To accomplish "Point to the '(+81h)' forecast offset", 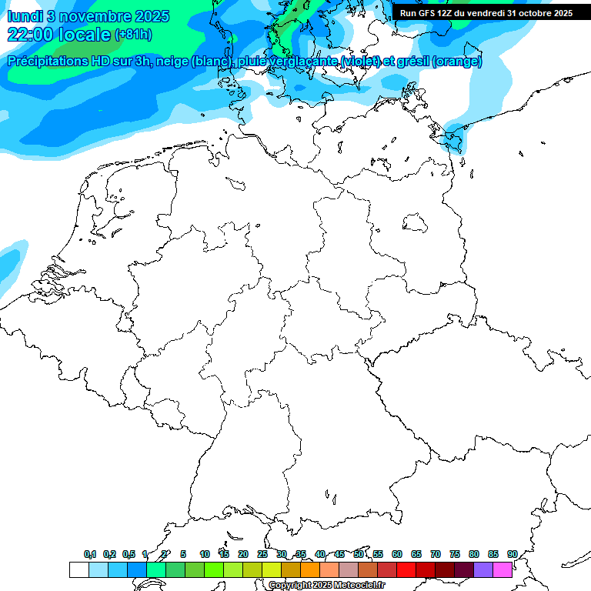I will pyautogui.click(x=133, y=35).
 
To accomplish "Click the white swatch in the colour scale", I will pyautogui.click(x=78, y=569).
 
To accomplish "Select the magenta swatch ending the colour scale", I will pyautogui.click(x=503, y=569).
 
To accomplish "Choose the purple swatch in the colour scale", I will pyautogui.click(x=483, y=569).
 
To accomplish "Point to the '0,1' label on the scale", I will pyautogui.click(x=90, y=554).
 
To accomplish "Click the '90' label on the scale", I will pyautogui.click(x=512, y=554).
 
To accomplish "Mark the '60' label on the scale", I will pyautogui.click(x=397, y=554).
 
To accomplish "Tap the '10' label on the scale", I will pyautogui.click(x=205, y=554).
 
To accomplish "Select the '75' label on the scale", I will pyautogui.click(x=455, y=554).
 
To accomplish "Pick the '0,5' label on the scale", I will pyautogui.click(x=129, y=554).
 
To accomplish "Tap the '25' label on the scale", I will pyautogui.click(x=262, y=554).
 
